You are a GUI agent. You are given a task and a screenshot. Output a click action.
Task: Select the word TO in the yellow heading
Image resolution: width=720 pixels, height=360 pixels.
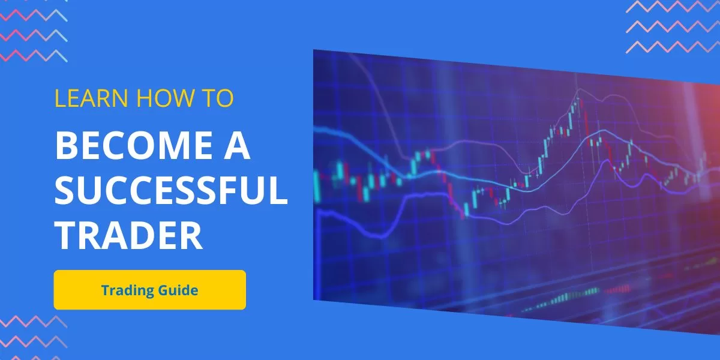217,98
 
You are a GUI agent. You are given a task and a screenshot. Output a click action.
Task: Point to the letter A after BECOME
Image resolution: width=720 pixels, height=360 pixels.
237,145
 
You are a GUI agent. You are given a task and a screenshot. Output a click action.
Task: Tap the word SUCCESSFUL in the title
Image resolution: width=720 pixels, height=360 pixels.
171,190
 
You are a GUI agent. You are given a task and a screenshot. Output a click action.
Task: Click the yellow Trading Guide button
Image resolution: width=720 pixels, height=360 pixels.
150,290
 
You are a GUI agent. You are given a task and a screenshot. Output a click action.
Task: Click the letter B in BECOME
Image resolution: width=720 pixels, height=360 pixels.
66,145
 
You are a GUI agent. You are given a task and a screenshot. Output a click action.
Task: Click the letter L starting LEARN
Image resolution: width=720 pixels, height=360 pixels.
60,98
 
